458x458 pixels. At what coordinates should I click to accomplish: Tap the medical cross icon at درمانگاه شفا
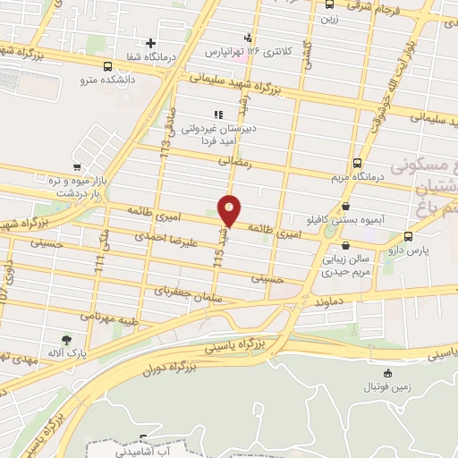[150, 43]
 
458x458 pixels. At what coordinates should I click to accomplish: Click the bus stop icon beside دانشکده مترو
[107, 66]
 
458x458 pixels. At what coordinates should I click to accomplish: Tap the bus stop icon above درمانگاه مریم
[358, 163]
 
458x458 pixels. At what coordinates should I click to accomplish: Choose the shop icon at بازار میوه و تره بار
[78, 166]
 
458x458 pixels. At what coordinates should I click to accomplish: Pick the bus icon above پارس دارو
[408, 237]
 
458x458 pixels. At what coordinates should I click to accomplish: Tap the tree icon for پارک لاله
[66, 339]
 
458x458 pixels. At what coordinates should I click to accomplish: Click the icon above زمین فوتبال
[386, 374]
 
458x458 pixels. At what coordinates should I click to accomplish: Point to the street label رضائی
[236, 163]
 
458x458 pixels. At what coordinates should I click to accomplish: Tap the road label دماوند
[305, 302]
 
